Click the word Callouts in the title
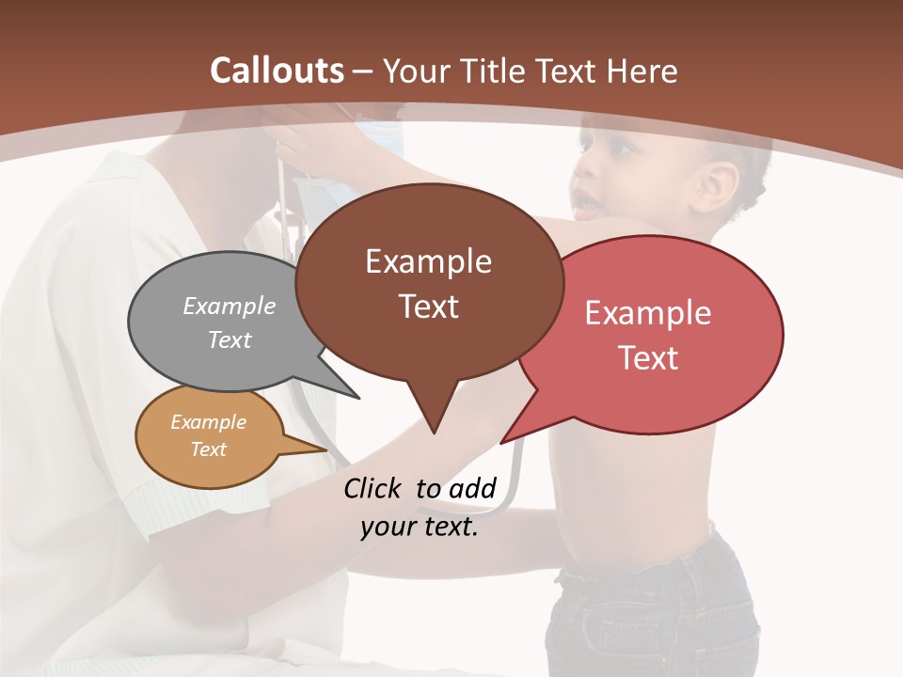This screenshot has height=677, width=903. point(277,71)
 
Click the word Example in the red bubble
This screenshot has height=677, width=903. point(648,313)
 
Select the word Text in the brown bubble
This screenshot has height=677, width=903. point(429,307)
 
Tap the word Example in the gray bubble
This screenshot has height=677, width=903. point(230,306)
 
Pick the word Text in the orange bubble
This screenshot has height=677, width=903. point(208,449)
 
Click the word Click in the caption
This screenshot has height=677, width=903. point(373,488)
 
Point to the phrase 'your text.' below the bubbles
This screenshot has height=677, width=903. point(420,527)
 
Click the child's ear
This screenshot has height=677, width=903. point(719,184)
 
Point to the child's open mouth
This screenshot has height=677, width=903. point(586,201)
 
